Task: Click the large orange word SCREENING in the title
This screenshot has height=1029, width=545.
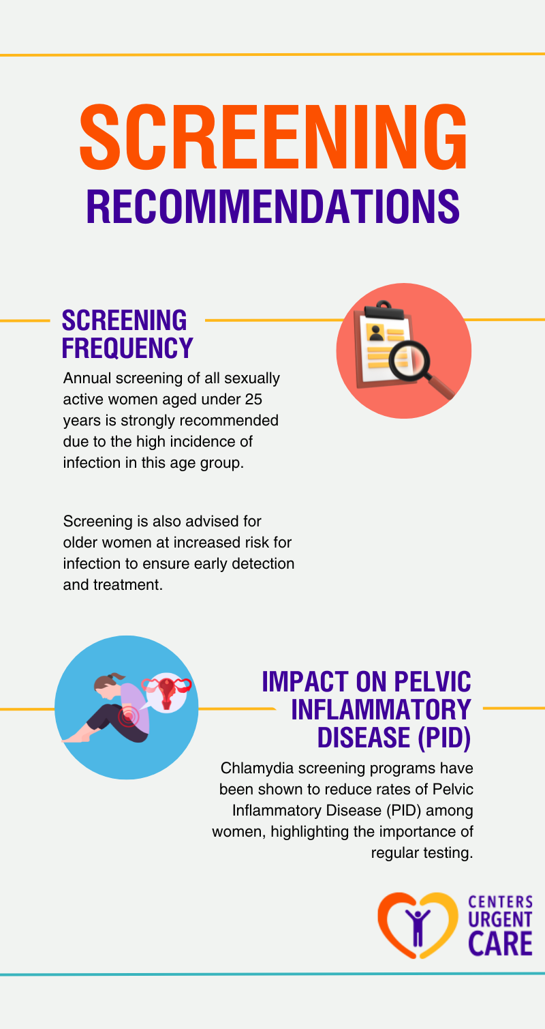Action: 272,136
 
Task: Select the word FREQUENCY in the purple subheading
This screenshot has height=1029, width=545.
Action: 127,347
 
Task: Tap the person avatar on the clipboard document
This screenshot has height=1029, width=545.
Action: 375,331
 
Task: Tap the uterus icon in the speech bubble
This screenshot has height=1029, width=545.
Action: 168,693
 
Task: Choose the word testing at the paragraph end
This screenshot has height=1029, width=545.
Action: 450,853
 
